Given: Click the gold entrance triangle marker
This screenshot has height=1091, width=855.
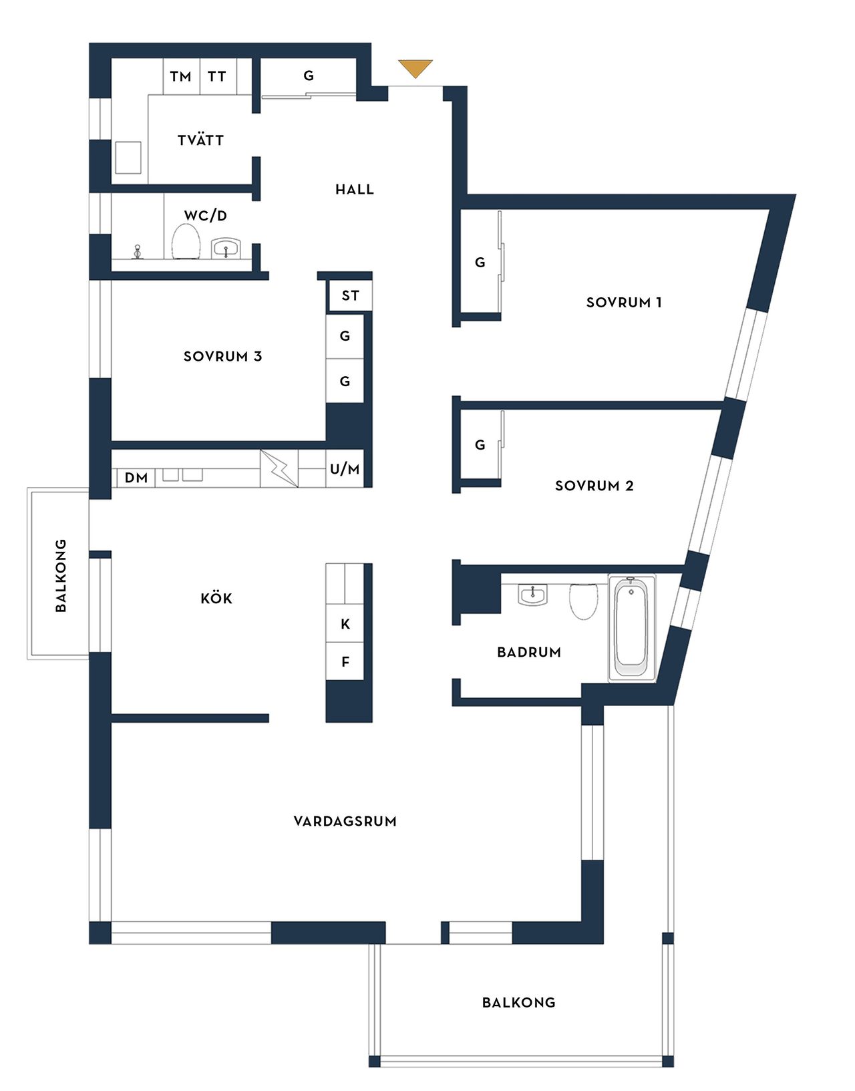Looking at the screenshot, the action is click(415, 68).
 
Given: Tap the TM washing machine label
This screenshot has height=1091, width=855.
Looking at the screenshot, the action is click(180, 77).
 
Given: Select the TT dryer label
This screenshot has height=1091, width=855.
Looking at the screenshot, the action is click(217, 77).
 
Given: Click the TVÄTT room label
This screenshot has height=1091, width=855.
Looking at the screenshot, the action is click(200, 140).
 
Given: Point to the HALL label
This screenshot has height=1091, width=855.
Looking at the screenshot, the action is click(355, 189).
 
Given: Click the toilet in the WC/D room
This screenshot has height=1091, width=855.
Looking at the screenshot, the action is click(186, 241).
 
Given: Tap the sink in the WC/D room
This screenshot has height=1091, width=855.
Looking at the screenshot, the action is click(227, 247).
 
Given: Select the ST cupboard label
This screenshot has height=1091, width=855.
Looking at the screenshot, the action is click(350, 296).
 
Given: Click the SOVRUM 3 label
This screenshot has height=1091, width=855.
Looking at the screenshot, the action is click(223, 357).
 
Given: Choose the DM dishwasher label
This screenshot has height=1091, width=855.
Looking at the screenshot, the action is click(136, 478).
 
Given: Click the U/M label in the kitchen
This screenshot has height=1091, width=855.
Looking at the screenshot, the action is click(345, 470).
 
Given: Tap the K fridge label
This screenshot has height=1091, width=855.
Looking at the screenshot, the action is click(345, 624).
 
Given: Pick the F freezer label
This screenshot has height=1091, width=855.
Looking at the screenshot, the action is click(345, 662).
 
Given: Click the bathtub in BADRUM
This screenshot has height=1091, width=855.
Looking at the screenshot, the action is click(632, 629).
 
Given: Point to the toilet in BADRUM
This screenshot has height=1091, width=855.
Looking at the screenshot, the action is click(583, 601).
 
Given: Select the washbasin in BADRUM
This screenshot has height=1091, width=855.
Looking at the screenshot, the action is click(533, 595).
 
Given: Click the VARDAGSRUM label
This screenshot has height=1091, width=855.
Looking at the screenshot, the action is click(345, 821).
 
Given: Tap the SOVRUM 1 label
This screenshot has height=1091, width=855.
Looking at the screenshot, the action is click(624, 302).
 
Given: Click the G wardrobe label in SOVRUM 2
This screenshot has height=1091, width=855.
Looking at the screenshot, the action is click(480, 445).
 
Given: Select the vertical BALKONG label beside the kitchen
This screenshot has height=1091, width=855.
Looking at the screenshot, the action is click(61, 575).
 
